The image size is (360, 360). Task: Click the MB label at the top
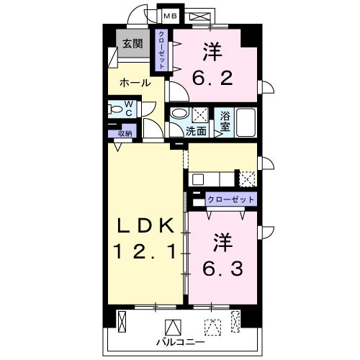pyautogui.click(x=170, y=15)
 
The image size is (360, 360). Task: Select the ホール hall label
pyautogui.click(x=135, y=83)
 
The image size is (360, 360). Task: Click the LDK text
pyautogui.click(x=146, y=227)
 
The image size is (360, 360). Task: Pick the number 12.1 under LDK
pyautogui.click(x=145, y=253)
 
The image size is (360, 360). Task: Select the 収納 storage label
pyautogui.click(x=124, y=133)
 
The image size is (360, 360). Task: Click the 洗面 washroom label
pyautogui.click(x=196, y=131)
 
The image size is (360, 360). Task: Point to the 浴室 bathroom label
pyautogui.click(x=225, y=120)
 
